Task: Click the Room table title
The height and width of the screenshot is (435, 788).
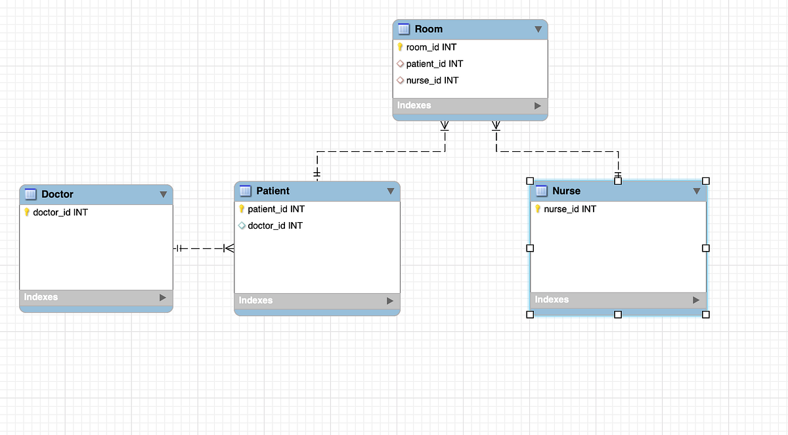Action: (x=428, y=29)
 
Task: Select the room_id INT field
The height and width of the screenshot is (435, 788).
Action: (x=431, y=47)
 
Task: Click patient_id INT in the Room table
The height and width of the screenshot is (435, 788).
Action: (x=434, y=64)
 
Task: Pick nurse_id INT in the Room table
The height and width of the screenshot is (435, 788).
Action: (x=432, y=80)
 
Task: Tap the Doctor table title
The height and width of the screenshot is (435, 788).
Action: (x=57, y=194)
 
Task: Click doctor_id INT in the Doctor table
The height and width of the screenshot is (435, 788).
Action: (x=60, y=212)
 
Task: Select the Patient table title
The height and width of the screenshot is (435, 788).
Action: (x=273, y=191)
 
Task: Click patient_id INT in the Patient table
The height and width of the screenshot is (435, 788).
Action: (x=276, y=209)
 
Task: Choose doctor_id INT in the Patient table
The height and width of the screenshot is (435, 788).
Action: (x=275, y=225)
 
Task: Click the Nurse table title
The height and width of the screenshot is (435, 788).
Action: (x=566, y=191)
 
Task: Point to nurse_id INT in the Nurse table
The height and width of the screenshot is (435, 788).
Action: (x=570, y=209)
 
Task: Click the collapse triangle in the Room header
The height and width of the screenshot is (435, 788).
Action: (x=538, y=29)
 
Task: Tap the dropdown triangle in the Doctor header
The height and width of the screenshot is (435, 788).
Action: (x=163, y=195)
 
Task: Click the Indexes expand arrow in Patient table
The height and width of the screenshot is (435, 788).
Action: (x=390, y=300)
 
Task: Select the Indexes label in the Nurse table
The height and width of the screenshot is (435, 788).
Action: (x=552, y=299)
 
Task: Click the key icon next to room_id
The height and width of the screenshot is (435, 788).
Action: (x=400, y=47)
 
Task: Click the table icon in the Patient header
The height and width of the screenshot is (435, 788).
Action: (x=246, y=191)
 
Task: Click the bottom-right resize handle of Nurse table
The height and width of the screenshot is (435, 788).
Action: (x=706, y=315)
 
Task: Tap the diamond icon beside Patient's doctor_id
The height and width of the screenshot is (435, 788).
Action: (x=242, y=225)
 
